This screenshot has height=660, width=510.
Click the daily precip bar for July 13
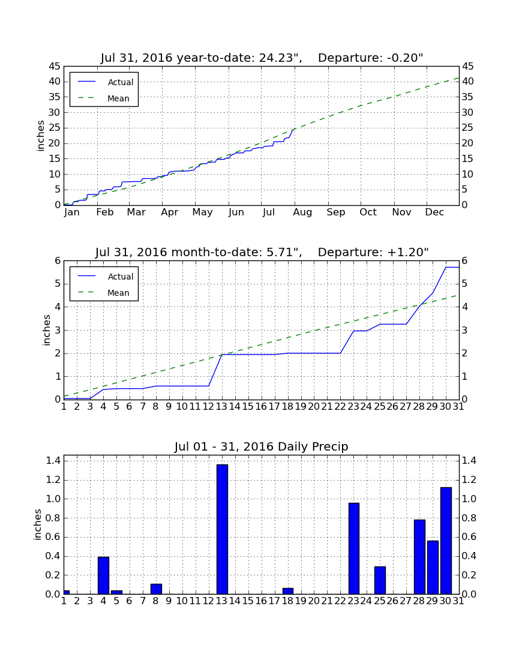(222, 529)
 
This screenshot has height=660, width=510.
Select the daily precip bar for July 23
(354, 548)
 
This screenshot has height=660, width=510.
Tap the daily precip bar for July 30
(446, 541)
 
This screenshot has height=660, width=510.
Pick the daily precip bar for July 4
(104, 575)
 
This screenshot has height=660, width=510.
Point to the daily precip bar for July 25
(380, 580)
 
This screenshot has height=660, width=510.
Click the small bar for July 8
(156, 589)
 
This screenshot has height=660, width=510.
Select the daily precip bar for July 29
(433, 568)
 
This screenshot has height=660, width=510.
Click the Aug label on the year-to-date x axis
(302, 212)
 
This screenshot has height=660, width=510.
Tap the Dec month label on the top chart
(434, 212)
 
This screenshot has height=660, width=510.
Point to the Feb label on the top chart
(105, 212)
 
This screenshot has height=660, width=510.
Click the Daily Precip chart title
(262, 446)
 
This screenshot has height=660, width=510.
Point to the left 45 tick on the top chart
(55, 67)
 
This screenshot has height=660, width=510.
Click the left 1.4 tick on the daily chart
(53, 461)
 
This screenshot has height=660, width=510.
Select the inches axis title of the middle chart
(46, 331)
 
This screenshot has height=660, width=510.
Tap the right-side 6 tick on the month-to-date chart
(464, 261)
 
